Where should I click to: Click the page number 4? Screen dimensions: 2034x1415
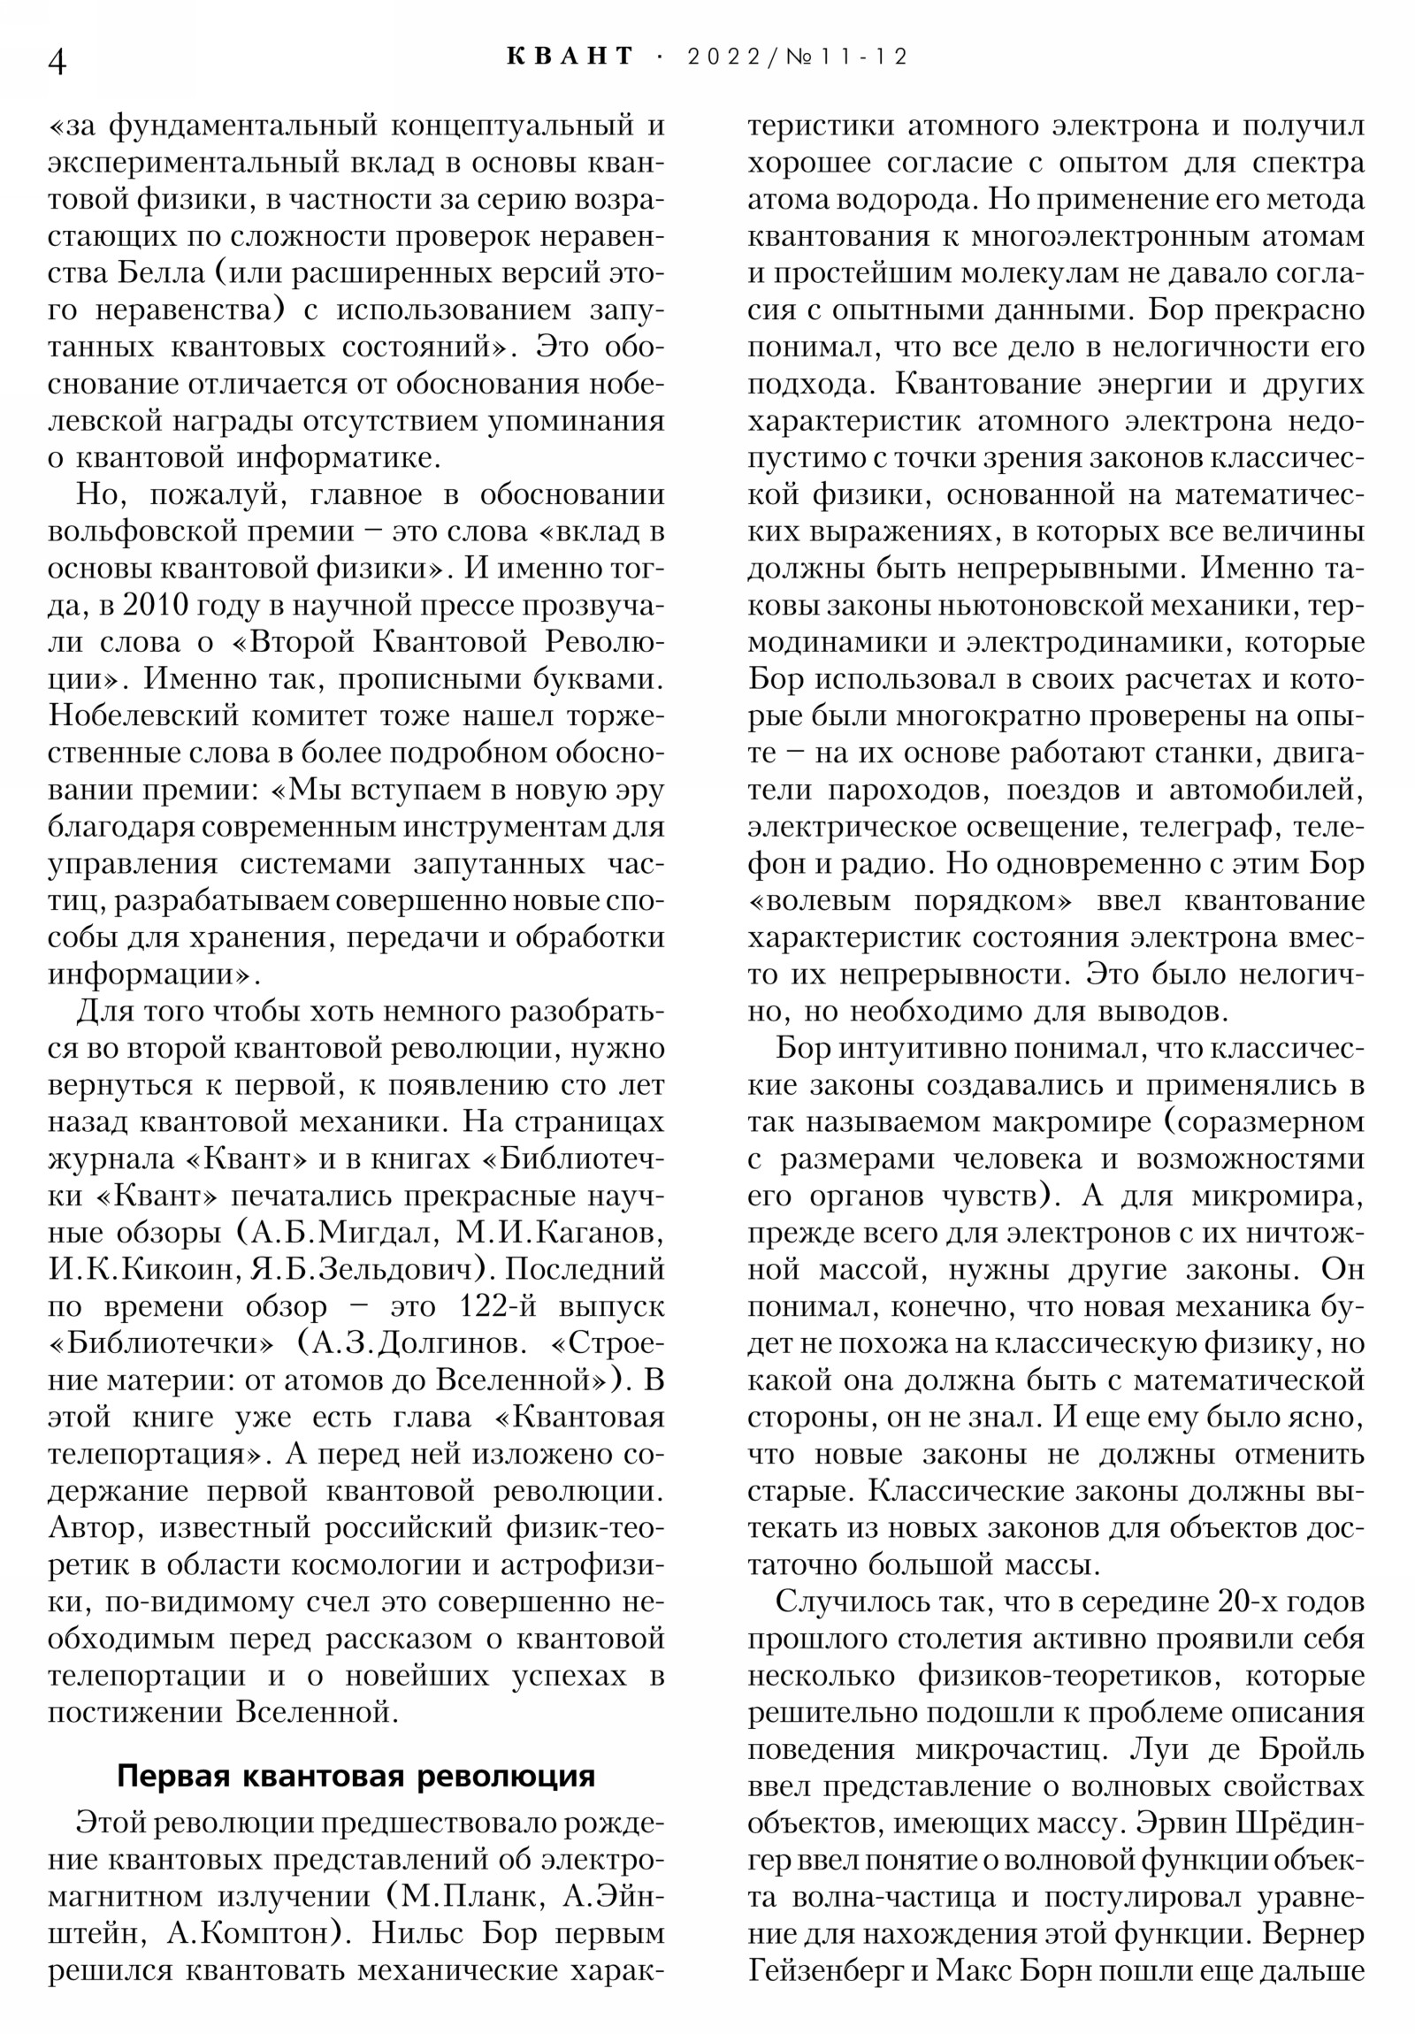(x=57, y=63)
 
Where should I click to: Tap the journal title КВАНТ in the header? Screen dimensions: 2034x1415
(x=571, y=57)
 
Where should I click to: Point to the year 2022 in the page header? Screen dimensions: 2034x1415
(x=723, y=57)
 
